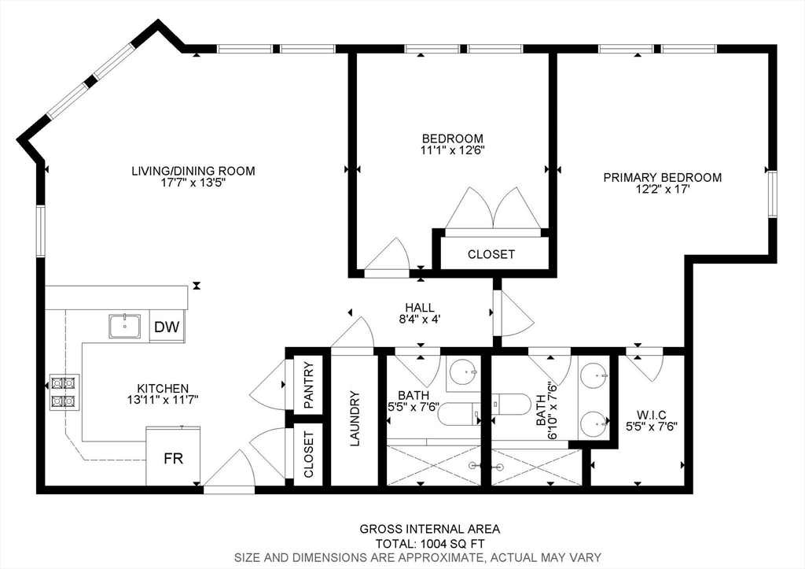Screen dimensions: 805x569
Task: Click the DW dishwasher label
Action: (x=167, y=327)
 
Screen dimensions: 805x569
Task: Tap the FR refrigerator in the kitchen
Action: (x=173, y=456)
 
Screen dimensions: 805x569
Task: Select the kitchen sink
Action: (x=125, y=326)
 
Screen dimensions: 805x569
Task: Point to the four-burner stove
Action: (x=64, y=392)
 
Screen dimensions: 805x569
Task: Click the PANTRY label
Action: (x=308, y=385)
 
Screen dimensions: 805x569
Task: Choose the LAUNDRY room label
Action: (x=355, y=419)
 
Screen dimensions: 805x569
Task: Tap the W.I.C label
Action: (x=652, y=415)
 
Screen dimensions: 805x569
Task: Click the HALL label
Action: (x=420, y=308)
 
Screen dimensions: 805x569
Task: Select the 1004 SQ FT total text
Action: (x=453, y=544)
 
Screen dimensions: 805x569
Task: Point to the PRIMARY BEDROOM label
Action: (x=662, y=177)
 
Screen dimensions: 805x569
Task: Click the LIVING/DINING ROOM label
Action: (x=193, y=171)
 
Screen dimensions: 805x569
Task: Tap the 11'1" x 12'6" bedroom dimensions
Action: (x=452, y=150)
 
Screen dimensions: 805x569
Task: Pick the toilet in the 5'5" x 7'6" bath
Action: (x=459, y=414)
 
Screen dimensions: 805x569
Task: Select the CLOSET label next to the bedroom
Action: (x=491, y=254)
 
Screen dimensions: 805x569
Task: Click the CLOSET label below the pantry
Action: (x=308, y=454)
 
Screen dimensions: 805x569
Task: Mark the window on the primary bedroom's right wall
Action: (x=772, y=195)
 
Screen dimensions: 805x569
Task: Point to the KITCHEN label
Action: (x=163, y=389)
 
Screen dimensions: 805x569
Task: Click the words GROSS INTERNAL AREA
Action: (x=430, y=529)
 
